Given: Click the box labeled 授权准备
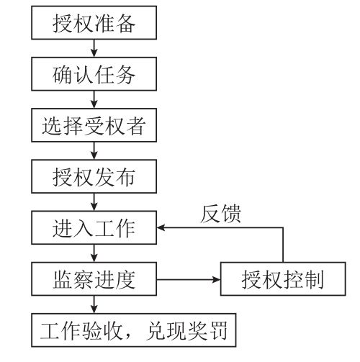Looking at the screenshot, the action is [x=94, y=23].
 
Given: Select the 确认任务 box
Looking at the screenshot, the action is [x=94, y=74].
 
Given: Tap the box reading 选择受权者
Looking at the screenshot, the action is [x=94, y=125].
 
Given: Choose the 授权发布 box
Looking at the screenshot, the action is [x=94, y=176].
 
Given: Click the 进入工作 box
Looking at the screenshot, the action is [x=94, y=227].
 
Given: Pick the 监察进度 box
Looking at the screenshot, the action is [x=94, y=279].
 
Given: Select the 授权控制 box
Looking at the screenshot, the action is [x=283, y=279].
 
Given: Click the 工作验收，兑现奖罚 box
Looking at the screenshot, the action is [x=134, y=330].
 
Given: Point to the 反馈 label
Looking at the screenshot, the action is [x=220, y=214].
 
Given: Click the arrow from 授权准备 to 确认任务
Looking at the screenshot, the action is [x=94, y=48].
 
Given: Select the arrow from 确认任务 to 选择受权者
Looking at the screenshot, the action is [x=94, y=99].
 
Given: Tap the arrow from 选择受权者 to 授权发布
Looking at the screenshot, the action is [x=94, y=150].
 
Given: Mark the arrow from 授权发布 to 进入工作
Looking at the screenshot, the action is [x=94, y=202].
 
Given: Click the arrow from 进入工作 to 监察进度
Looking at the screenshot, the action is [x=94, y=253].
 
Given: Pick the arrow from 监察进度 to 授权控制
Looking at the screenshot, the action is [x=189, y=279].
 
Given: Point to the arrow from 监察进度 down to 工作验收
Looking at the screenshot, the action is [x=94, y=304].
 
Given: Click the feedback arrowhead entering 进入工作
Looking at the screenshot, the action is [x=161, y=227].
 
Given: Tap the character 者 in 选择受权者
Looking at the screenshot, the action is [x=136, y=125].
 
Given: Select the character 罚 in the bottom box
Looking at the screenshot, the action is [x=218, y=330].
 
